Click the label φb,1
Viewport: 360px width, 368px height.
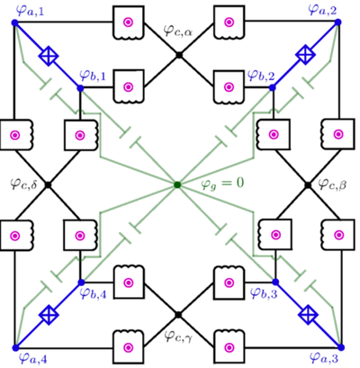(92, 75)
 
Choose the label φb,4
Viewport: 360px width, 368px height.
(93, 293)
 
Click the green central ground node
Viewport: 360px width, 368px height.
(178, 184)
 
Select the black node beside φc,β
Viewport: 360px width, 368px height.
(309, 184)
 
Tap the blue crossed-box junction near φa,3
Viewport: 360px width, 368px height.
(309, 314)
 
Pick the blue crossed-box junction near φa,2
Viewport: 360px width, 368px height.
(309, 55)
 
